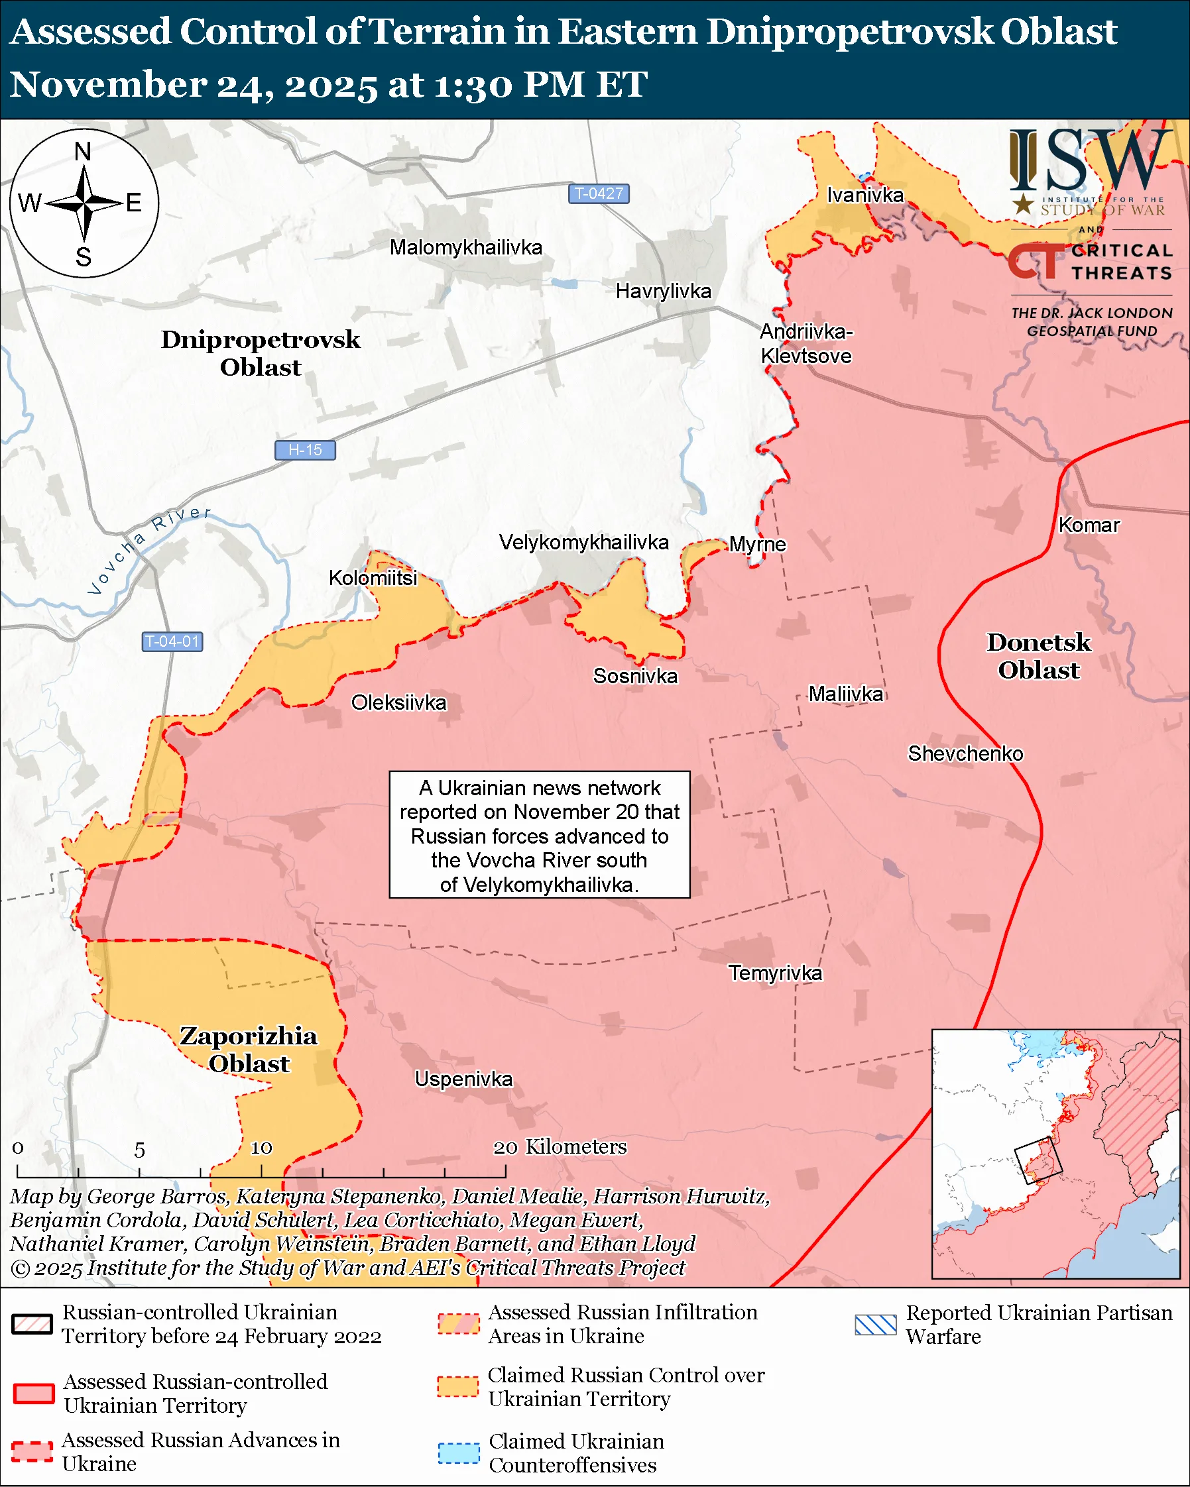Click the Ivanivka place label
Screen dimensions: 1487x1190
(x=865, y=196)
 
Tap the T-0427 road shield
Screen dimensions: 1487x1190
(x=599, y=193)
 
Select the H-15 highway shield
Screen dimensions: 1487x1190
(x=305, y=451)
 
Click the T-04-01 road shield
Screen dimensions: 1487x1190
(x=172, y=641)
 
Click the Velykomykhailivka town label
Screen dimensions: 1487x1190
(x=583, y=543)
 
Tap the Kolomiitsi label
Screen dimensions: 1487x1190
(x=373, y=578)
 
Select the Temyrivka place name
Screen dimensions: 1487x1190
(x=776, y=973)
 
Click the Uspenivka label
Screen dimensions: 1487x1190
(x=463, y=1079)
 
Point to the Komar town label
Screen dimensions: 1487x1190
(x=1089, y=525)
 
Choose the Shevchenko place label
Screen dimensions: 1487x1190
(x=965, y=754)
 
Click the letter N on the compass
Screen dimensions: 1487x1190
(x=83, y=152)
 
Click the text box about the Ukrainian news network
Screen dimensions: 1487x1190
(x=540, y=834)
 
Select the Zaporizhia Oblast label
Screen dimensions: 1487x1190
(x=249, y=1050)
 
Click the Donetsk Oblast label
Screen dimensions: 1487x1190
(x=1038, y=657)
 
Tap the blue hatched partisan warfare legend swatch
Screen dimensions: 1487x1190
(x=875, y=1325)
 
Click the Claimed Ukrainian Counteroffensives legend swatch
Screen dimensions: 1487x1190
(x=458, y=1453)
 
